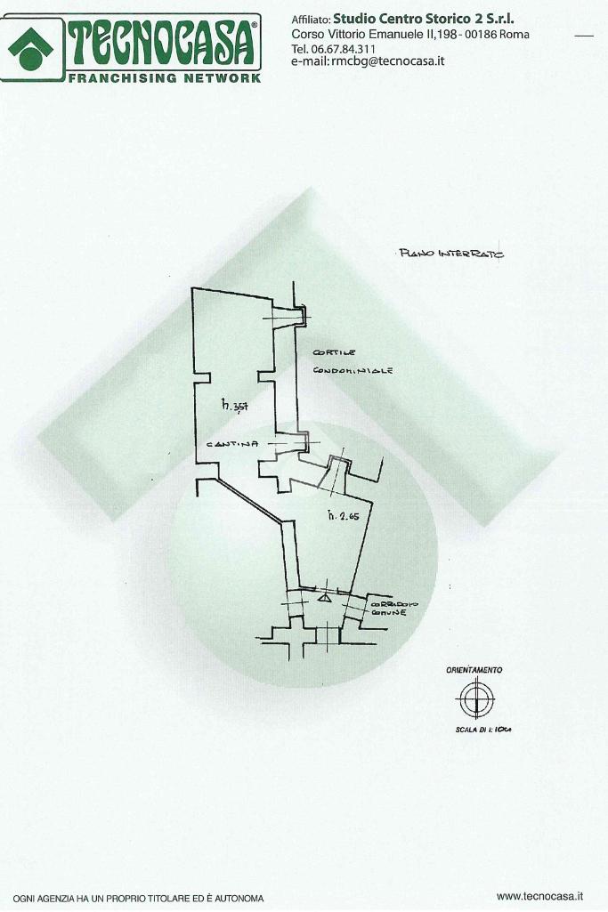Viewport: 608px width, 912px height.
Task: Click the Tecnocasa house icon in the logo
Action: pyautogui.click(x=30, y=46)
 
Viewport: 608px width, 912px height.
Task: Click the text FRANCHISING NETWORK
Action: pyautogui.click(x=165, y=78)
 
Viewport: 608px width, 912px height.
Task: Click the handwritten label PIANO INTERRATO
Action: pyautogui.click(x=450, y=254)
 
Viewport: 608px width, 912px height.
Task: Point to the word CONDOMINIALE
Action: pyautogui.click(x=353, y=370)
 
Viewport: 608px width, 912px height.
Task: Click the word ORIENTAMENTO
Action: pyautogui.click(x=474, y=670)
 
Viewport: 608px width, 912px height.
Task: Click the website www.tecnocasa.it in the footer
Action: pyautogui.click(x=539, y=896)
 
